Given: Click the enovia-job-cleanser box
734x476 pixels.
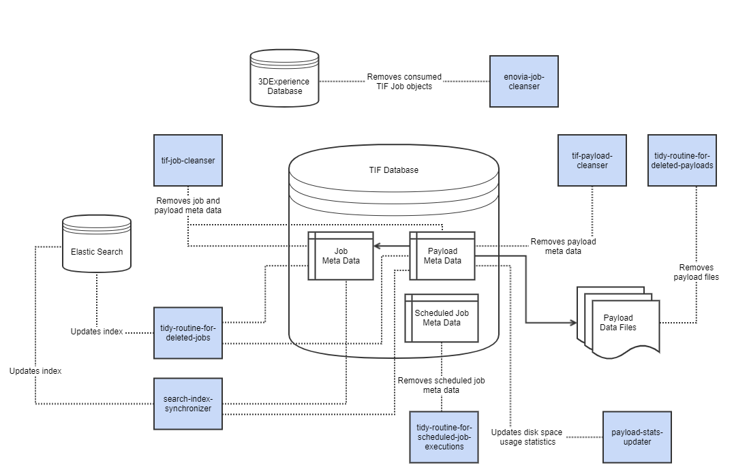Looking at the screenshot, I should (523, 81).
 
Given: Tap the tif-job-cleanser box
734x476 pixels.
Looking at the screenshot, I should (187, 160).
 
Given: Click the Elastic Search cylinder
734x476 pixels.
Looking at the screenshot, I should (97, 245).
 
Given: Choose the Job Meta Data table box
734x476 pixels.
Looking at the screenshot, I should (340, 256).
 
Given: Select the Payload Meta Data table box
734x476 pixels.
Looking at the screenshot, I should (442, 256).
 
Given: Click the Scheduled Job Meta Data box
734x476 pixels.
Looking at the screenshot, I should (442, 318).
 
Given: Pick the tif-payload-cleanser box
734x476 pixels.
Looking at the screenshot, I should (592, 160).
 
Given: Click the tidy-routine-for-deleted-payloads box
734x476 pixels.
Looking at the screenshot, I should (682, 160).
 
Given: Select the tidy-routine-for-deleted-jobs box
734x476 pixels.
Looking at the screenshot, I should (187, 332).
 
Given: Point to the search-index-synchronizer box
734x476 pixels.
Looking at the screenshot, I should (187, 403).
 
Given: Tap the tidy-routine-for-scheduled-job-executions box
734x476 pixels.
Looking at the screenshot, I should (443, 437).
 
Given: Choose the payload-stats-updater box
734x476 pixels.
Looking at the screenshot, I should (637, 437).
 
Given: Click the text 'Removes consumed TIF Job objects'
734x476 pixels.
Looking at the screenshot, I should (404, 82).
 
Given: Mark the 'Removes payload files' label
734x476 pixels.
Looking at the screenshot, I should (696, 272).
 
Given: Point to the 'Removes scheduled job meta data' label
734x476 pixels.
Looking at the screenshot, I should (442, 385).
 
